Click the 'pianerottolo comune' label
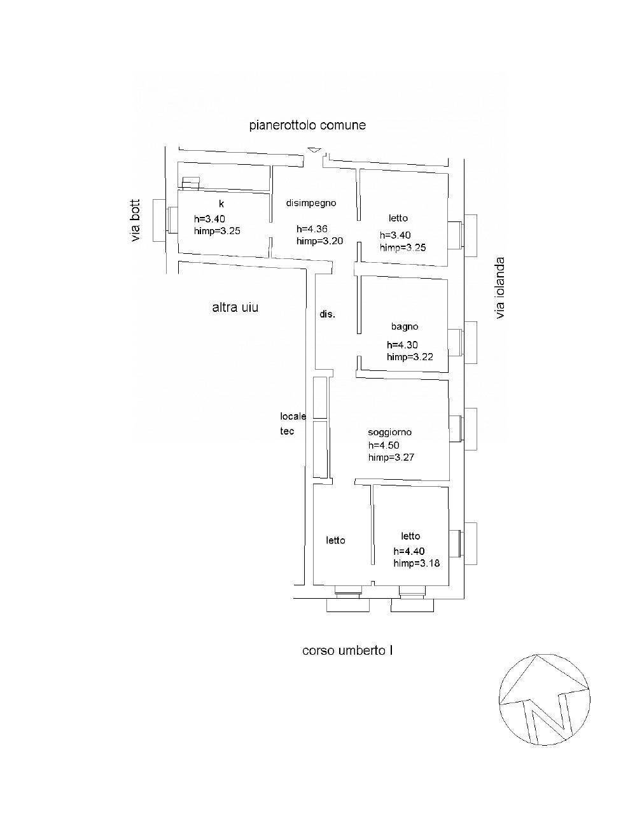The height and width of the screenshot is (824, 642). point(307,125)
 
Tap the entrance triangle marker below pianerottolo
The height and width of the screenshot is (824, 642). point(314,150)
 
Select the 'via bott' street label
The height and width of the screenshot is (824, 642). point(136,221)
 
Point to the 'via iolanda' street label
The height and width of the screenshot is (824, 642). point(500,288)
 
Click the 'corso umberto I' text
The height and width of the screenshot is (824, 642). point(347,651)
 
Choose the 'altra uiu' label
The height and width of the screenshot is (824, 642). point(235,307)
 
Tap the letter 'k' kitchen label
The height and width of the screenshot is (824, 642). point(221,204)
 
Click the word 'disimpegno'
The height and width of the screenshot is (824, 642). point(311,203)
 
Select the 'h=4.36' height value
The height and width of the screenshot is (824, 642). point(312,229)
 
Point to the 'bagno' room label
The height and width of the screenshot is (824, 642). point(405,327)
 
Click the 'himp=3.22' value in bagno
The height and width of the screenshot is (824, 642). point(410,357)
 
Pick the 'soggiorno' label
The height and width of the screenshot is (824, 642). point(390,432)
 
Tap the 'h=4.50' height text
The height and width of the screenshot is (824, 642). point(384,445)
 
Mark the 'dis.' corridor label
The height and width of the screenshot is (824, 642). point(328,314)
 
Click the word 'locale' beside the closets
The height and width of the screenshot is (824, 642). point(293,416)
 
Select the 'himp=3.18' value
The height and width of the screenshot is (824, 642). point(417,563)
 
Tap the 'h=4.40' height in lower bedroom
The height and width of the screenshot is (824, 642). point(409,551)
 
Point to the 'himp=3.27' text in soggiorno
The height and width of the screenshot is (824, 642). point(391,457)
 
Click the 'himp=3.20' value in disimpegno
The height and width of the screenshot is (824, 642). point(319,241)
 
